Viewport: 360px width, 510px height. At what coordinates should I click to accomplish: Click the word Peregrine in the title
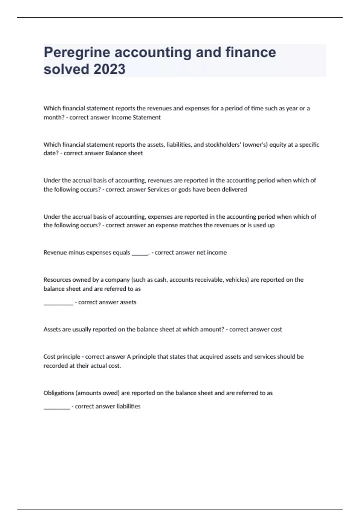(x=77, y=52)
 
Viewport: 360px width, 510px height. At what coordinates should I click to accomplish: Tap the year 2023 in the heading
(x=109, y=69)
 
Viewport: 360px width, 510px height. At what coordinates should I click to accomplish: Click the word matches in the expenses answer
(x=190, y=225)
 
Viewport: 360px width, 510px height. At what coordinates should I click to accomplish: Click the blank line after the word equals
(x=140, y=254)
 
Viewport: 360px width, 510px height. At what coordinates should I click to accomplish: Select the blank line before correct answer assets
(x=58, y=304)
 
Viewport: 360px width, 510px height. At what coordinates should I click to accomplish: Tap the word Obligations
(x=58, y=393)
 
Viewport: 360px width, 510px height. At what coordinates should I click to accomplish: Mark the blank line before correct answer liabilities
(x=57, y=408)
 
